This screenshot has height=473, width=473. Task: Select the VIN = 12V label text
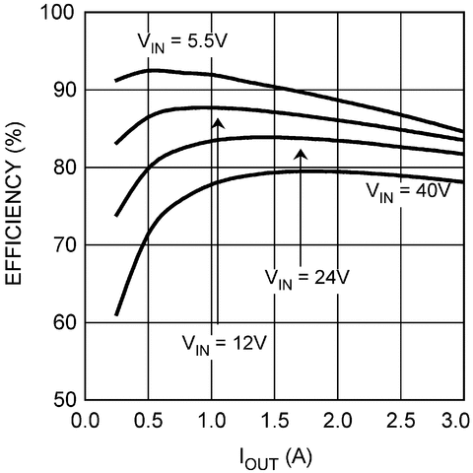point(224,344)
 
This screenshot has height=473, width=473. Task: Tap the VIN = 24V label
point(307,277)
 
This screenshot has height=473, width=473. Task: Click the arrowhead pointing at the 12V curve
point(218,121)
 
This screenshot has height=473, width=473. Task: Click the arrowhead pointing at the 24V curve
point(302,153)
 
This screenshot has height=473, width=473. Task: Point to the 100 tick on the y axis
point(59,13)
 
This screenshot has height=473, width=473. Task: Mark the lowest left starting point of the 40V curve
point(116,315)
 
